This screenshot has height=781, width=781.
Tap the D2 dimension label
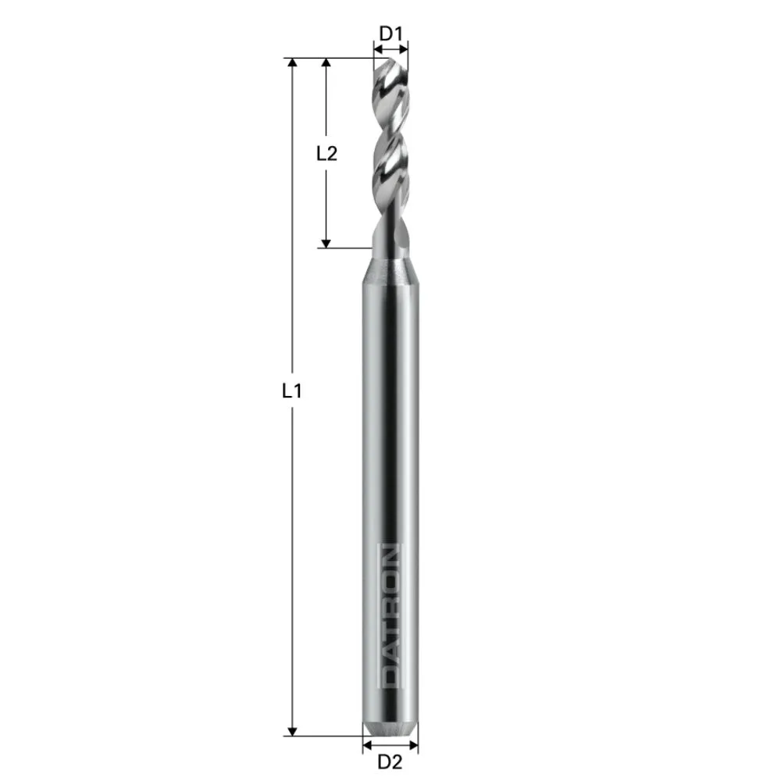click(390, 761)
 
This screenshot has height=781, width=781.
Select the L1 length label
click(291, 390)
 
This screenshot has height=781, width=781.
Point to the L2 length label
click(326, 153)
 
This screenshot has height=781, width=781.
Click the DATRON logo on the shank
click(390, 616)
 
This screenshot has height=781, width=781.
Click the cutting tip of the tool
click(390, 62)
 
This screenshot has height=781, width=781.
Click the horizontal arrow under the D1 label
click(390, 48)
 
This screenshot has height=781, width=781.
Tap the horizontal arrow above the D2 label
click(390, 745)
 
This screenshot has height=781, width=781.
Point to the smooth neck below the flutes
click(388, 234)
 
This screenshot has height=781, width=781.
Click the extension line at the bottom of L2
click(344, 248)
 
